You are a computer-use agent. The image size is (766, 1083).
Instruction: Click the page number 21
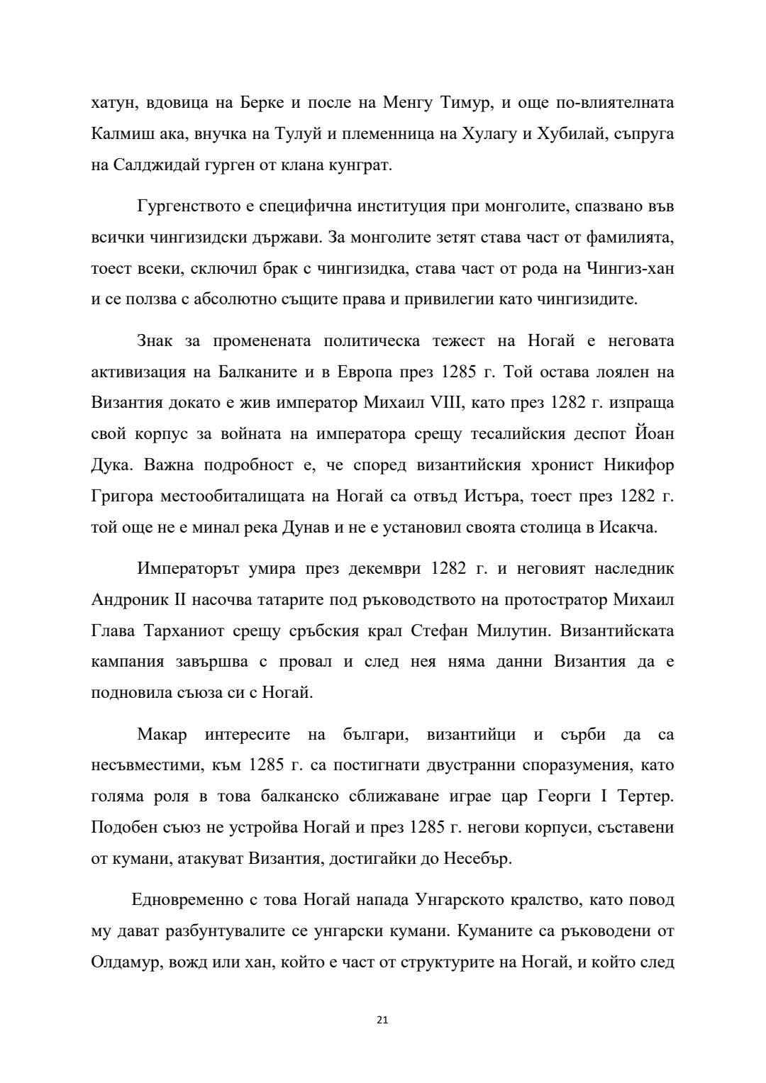pos(382,1021)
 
